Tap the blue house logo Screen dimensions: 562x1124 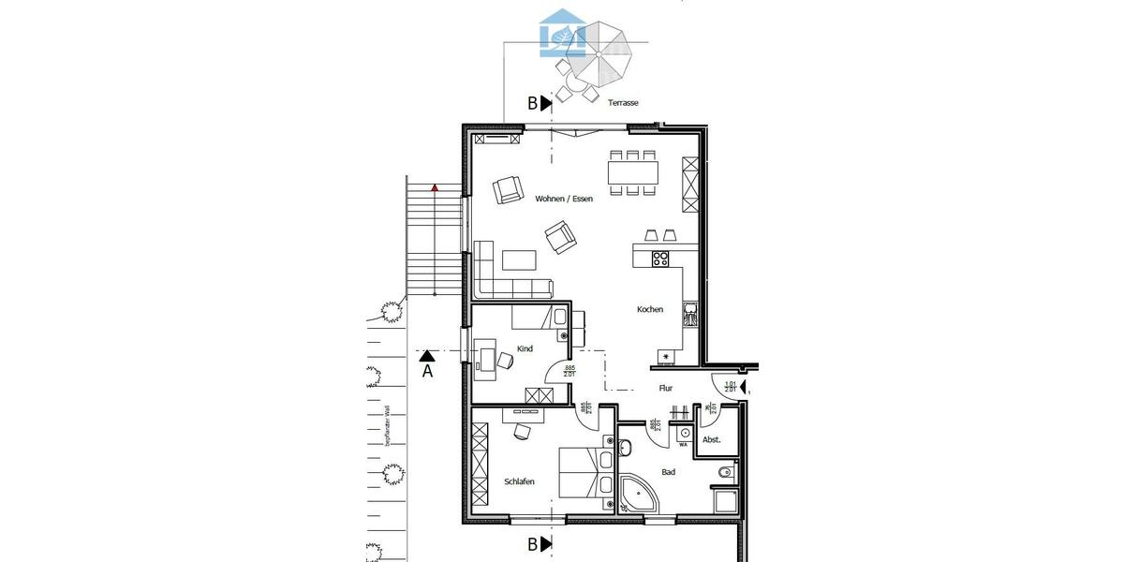coord(563,33)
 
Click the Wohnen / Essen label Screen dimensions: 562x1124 coord(564,199)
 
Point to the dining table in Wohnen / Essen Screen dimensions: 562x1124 coord(633,172)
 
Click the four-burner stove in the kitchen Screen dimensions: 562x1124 coord(659,258)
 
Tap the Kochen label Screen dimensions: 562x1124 coord(650,310)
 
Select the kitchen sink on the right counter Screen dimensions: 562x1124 coord(690,313)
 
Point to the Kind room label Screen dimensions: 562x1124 coord(525,349)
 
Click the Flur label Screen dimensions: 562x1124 coord(666,388)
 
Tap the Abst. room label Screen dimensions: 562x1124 coord(711,439)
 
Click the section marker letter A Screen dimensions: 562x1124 coord(427,371)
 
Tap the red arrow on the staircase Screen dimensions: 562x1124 coord(435,188)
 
